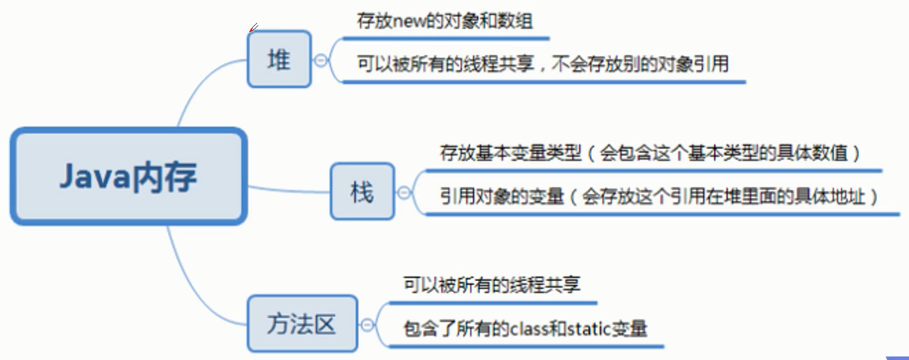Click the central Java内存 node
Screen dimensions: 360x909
point(128,176)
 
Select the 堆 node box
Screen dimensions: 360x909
point(279,60)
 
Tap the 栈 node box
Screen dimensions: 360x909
point(362,191)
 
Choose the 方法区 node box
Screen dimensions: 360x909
point(302,324)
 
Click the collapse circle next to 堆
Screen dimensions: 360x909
point(321,60)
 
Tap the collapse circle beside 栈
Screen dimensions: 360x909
point(404,192)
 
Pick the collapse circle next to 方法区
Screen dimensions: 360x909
point(367,325)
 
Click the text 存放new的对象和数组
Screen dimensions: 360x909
point(445,22)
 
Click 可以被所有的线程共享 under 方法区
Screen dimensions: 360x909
point(492,286)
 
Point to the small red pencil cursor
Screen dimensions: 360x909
point(253,27)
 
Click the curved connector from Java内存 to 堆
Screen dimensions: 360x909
point(200,82)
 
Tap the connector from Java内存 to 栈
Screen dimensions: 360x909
point(289,190)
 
